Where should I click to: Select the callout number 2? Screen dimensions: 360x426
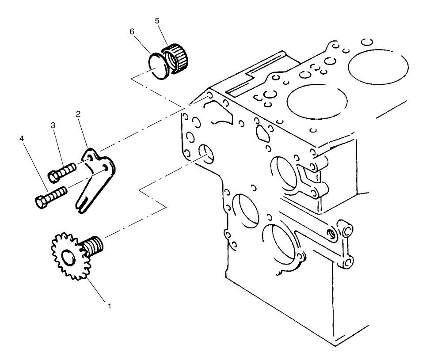coord(78,114)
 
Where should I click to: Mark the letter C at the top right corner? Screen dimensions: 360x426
coord(366,42)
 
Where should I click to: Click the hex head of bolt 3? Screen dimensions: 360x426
coord(54,175)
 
